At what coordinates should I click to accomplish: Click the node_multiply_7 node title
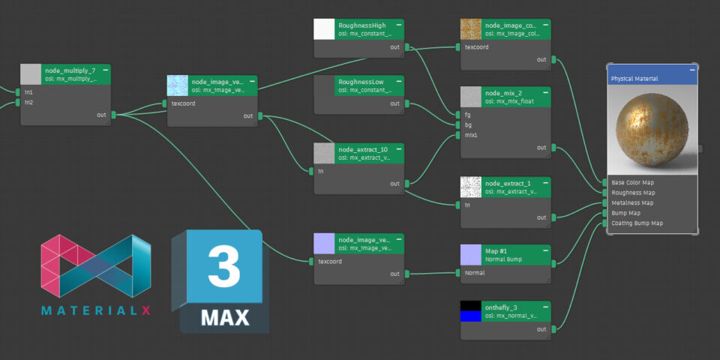tap(70, 70)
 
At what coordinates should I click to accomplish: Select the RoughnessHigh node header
tap(361, 25)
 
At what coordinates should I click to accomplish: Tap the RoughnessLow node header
tap(361, 81)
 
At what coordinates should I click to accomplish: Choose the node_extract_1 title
tap(508, 183)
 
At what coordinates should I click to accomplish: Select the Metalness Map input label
tap(632, 202)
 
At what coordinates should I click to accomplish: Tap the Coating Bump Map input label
tap(637, 223)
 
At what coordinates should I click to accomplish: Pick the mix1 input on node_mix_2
tap(472, 136)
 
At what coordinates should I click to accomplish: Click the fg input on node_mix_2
tap(468, 115)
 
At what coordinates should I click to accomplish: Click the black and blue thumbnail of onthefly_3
tap(470, 312)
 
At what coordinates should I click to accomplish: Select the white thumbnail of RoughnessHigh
tap(324, 29)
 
